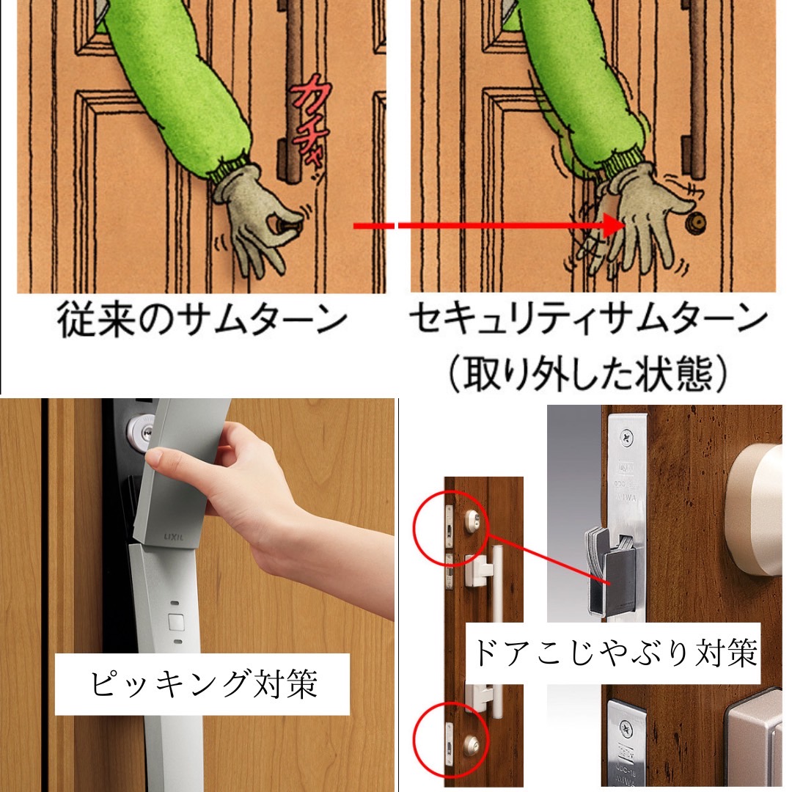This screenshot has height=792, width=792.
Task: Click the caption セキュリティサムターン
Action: click(587, 320)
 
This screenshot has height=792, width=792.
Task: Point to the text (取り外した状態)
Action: click(587, 373)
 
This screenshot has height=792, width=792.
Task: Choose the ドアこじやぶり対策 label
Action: click(615, 652)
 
